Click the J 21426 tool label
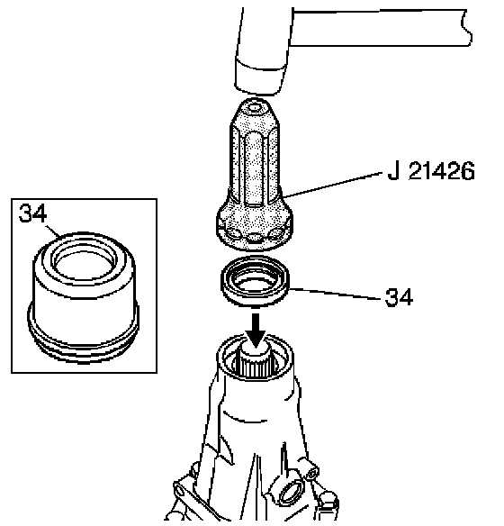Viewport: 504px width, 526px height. pos(431,171)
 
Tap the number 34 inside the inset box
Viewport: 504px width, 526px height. pos(32,213)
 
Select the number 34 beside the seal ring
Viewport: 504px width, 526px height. pos(399,297)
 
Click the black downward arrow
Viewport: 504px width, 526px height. pos(256,331)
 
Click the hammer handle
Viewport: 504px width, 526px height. pos(380,28)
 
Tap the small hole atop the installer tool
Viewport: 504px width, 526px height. pos(255,108)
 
